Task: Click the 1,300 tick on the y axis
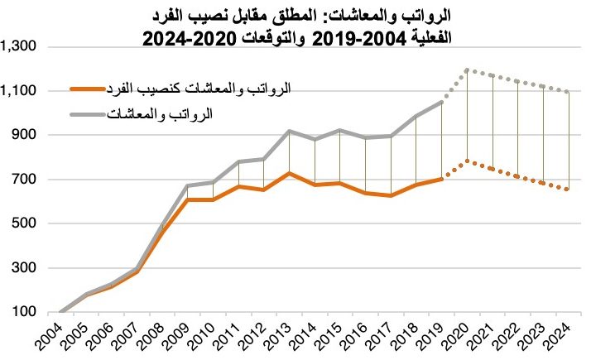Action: coord(17,47)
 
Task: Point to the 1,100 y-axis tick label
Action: coord(17,91)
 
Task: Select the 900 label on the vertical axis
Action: coord(22,135)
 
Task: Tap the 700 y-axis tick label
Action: coord(22,180)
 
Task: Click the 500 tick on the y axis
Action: coord(22,223)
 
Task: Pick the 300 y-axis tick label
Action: coord(22,268)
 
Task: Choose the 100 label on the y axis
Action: coord(22,312)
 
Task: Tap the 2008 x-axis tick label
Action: coord(151,338)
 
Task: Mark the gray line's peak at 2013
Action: coord(290,131)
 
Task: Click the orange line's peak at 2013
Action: coord(290,173)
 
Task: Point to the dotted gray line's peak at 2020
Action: coord(468,70)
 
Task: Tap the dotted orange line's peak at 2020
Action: coord(468,161)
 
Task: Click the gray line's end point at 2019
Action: coord(442,102)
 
